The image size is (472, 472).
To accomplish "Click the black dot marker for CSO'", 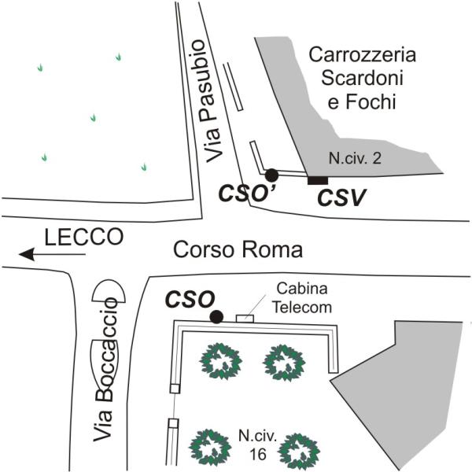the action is (x=272, y=175).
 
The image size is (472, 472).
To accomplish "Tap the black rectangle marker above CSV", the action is (x=318, y=180).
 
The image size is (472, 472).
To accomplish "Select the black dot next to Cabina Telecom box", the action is (x=216, y=317).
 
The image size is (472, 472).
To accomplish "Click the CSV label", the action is (x=341, y=197).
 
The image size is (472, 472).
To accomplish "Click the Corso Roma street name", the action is (x=238, y=250).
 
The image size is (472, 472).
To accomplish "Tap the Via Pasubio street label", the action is (x=213, y=101).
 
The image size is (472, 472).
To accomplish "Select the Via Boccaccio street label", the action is (x=105, y=370).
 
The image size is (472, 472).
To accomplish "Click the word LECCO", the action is (x=84, y=237).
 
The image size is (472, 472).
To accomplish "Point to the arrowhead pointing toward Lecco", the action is (x=26, y=254).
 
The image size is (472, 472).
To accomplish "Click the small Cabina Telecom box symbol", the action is (x=245, y=318).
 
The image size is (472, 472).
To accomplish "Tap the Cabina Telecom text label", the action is (x=301, y=298).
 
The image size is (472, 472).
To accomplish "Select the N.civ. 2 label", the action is (x=355, y=158).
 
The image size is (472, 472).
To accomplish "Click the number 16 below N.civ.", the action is (x=258, y=454).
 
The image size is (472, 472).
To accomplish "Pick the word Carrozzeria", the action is (x=363, y=55).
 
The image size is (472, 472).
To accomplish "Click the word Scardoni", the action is (x=362, y=78).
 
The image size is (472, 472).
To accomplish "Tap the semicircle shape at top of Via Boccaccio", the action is (x=109, y=291).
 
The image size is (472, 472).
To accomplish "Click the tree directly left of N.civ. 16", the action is (x=210, y=448).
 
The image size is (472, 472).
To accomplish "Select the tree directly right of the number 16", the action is (x=298, y=452).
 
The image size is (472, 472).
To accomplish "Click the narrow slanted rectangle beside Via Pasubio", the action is (x=233, y=87).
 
